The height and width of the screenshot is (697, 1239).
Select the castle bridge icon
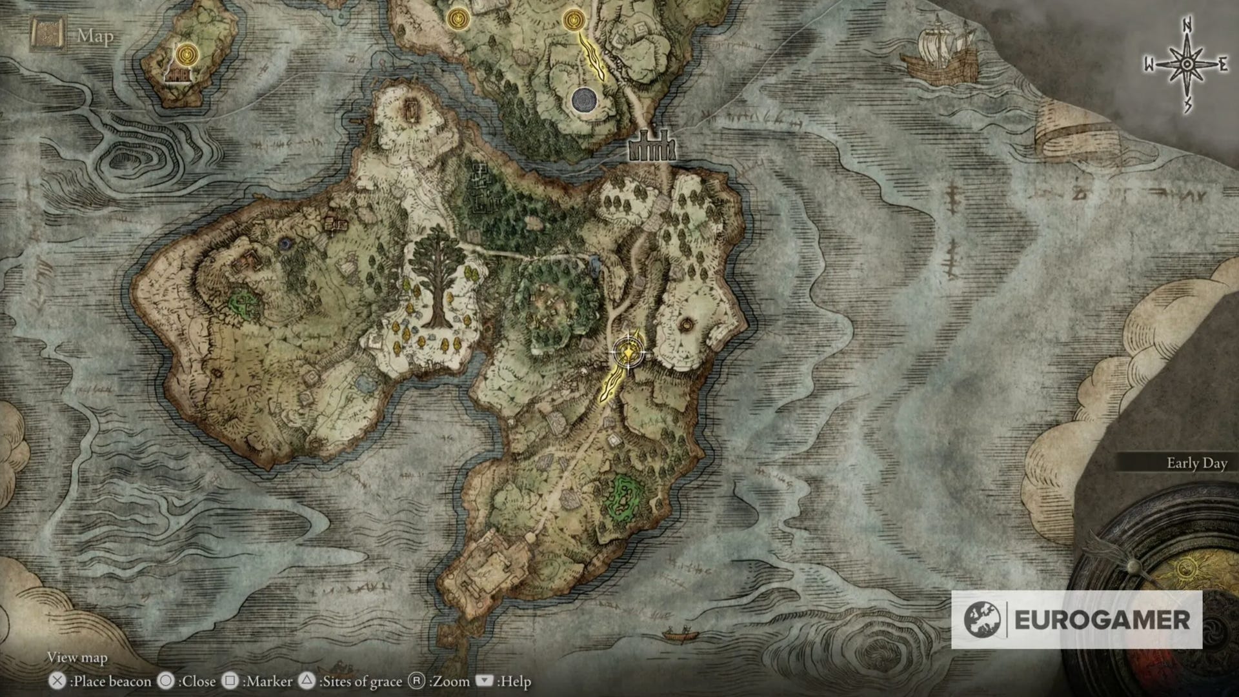point(652,148)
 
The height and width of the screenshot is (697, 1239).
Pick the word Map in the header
point(96,36)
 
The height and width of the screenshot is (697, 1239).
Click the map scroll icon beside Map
point(47,35)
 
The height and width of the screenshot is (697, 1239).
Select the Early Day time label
point(1196,463)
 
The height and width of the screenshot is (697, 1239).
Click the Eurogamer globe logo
point(982,620)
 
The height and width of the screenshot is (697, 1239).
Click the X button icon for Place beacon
point(57,681)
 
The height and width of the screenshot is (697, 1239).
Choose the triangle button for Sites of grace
point(308,681)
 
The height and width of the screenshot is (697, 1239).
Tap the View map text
point(77,657)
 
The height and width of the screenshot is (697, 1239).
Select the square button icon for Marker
point(230,681)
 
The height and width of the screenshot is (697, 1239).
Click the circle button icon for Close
point(166,681)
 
